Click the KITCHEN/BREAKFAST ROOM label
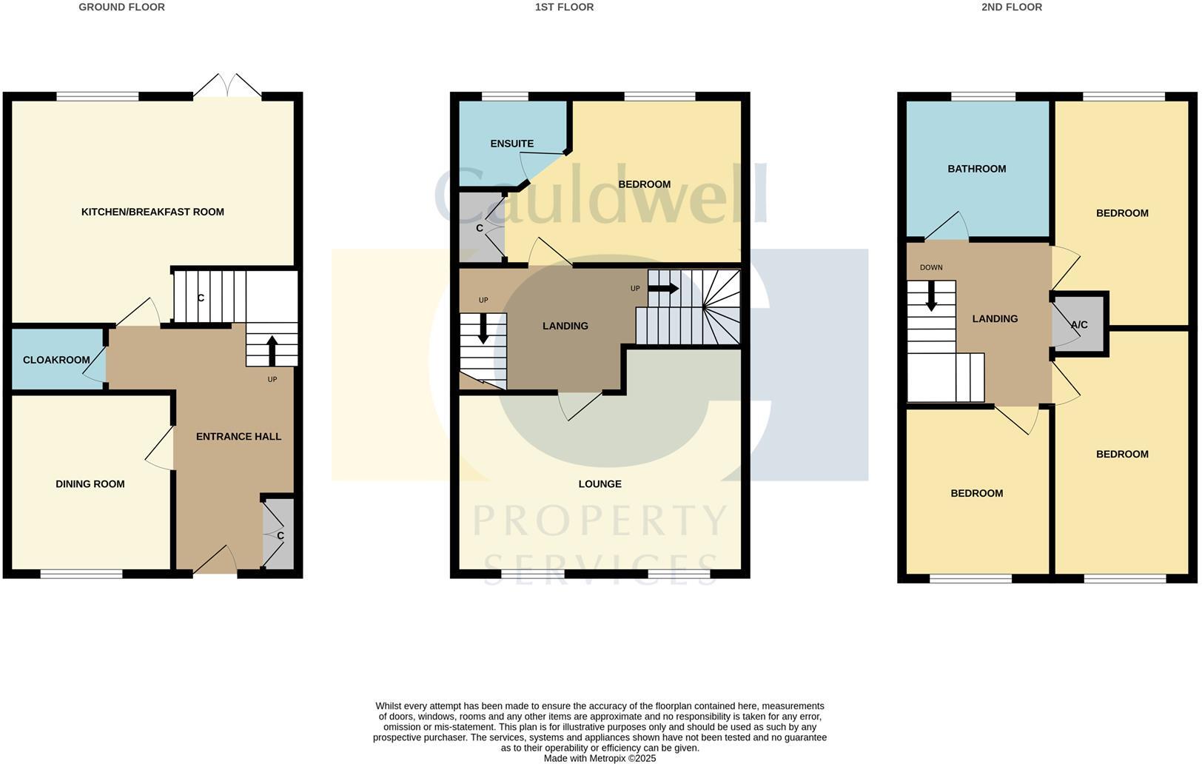152,212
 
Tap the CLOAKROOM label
56,360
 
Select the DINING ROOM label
90,484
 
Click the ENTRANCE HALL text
238,437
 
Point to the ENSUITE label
511,144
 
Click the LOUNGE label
600,484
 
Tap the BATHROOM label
976,169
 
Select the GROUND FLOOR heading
121,7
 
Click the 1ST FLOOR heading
564,7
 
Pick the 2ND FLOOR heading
1011,7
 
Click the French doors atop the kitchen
227,86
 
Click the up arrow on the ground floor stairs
272,350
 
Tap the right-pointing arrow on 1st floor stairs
663,289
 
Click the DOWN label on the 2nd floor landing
930,267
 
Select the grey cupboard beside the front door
279,535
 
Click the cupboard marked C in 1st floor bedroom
480,228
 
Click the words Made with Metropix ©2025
600,758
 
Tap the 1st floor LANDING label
565,326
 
